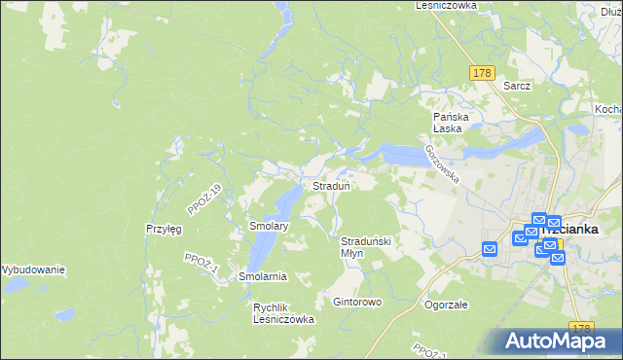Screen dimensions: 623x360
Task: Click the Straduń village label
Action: point(331,185)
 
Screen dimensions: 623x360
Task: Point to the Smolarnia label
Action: point(263,276)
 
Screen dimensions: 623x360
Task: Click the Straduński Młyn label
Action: point(365,246)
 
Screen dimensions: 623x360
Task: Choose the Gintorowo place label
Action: point(357,303)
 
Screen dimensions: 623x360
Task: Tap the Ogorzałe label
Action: point(447,304)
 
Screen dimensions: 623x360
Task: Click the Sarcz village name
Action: point(517,86)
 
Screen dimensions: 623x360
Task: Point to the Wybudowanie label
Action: point(32,269)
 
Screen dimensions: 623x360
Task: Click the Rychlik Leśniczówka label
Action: point(283,312)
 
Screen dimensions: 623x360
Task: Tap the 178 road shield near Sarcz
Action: point(482,73)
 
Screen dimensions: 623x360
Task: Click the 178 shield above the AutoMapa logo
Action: point(582,329)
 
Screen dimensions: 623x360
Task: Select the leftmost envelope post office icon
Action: point(490,249)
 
